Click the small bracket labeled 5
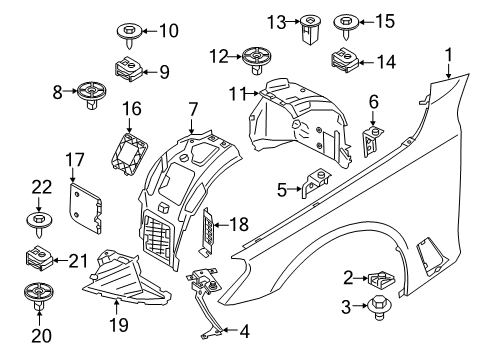(x=318, y=185)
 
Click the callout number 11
(x=236, y=94)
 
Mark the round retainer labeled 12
(x=255, y=58)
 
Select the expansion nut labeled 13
(x=309, y=30)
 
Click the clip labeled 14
(x=349, y=61)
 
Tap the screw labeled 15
(x=348, y=22)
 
